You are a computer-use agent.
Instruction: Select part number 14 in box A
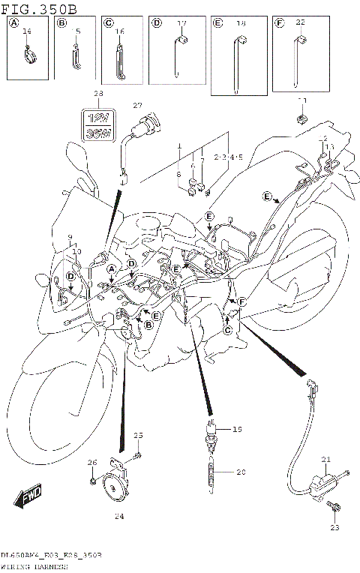pyautogui.click(x=27, y=31)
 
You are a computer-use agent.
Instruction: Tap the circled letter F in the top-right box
pyautogui.click(x=280, y=24)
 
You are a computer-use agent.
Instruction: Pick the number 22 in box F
pyautogui.click(x=300, y=23)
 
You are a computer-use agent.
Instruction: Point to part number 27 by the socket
pyautogui.click(x=137, y=105)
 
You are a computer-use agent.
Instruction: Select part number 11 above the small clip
pyautogui.click(x=302, y=100)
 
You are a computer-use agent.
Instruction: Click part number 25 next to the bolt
pyautogui.click(x=137, y=435)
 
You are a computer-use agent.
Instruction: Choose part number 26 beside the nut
pyautogui.click(x=92, y=462)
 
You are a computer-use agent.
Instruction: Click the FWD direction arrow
pyautogui.click(x=28, y=496)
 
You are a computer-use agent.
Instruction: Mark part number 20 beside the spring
pyautogui.click(x=241, y=472)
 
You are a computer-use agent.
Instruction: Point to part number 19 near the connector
pyautogui.click(x=238, y=430)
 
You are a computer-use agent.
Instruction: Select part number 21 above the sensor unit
pyautogui.click(x=325, y=459)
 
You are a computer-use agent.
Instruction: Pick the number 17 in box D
pyautogui.click(x=181, y=24)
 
